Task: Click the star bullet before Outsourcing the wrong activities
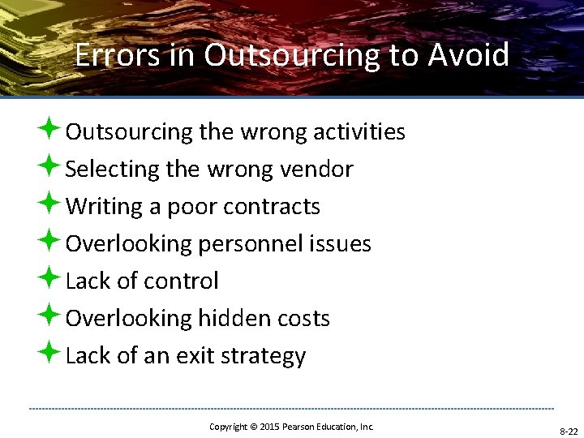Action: [x=49, y=129]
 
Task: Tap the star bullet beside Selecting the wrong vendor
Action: [x=49, y=167]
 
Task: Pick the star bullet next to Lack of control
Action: [x=49, y=279]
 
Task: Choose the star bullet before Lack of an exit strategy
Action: [x=49, y=354]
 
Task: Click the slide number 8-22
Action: [x=568, y=432]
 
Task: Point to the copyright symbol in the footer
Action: [x=253, y=427]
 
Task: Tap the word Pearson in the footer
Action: [x=300, y=427]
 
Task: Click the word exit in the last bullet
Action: [x=189, y=356]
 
